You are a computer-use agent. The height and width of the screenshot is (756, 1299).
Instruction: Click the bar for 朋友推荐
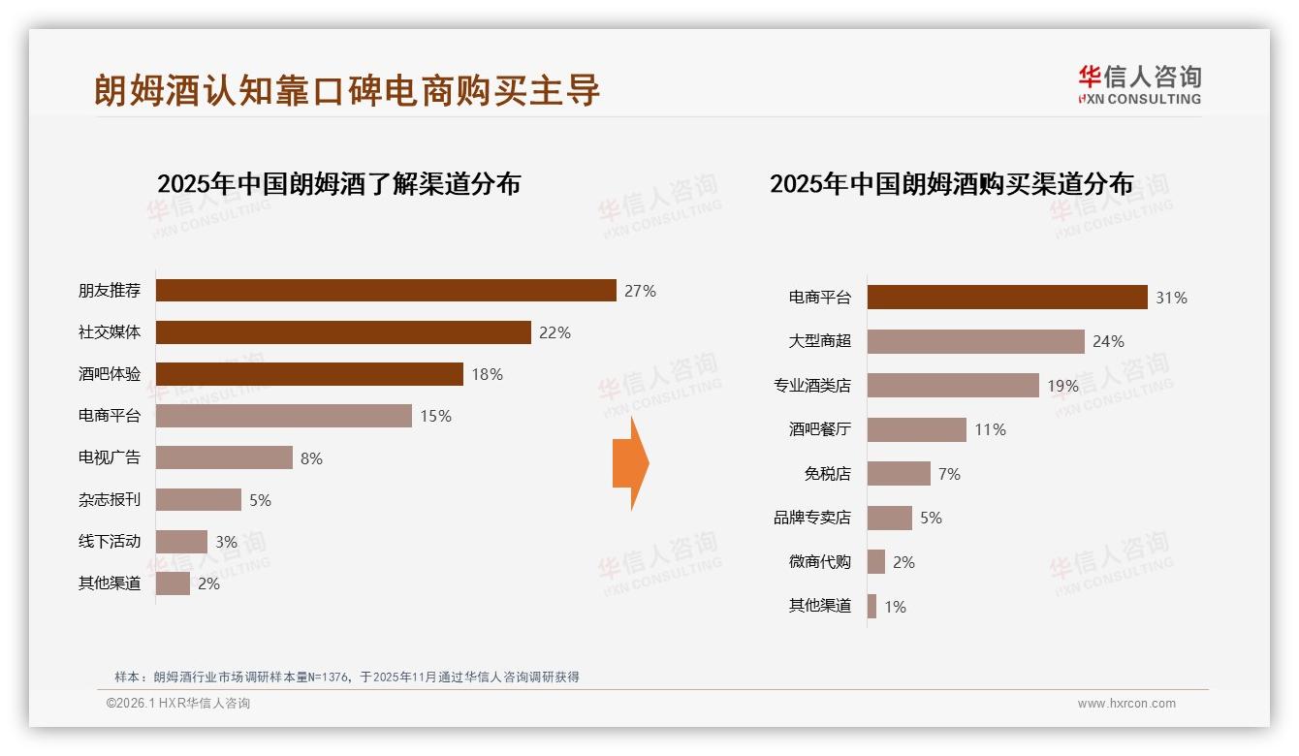[x=386, y=291]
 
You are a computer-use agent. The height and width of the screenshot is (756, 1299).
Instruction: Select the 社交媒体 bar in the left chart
[x=343, y=332]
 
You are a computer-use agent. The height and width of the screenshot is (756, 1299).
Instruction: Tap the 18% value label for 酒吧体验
[x=487, y=374]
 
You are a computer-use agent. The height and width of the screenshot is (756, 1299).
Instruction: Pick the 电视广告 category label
[x=110, y=457]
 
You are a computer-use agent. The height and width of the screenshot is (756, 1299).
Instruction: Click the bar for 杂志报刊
[x=199, y=500]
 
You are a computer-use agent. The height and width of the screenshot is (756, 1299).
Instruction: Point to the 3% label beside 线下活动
[x=226, y=542]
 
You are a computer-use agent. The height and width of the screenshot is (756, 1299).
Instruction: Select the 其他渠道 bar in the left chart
[x=173, y=583]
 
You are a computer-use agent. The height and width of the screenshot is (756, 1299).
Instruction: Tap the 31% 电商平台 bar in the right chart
[x=1007, y=298]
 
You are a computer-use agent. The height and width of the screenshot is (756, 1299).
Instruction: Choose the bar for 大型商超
[x=975, y=341]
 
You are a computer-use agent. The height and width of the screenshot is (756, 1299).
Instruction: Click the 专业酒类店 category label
[x=811, y=386]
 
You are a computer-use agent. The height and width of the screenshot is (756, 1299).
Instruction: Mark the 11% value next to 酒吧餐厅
[x=990, y=429]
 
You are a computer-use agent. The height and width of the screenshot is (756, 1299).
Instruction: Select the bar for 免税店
[x=899, y=474]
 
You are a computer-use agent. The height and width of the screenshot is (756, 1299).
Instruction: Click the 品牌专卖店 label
[x=811, y=518]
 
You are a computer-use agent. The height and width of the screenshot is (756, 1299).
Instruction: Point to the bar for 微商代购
[x=876, y=562]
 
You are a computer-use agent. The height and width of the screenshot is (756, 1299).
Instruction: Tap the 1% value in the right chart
[x=895, y=607]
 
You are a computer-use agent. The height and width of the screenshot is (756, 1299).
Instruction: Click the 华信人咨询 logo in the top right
[x=1139, y=85]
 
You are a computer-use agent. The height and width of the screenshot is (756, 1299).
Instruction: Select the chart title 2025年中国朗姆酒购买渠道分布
[x=951, y=184]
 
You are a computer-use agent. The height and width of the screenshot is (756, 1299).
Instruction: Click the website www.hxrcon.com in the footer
[x=1126, y=704]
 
